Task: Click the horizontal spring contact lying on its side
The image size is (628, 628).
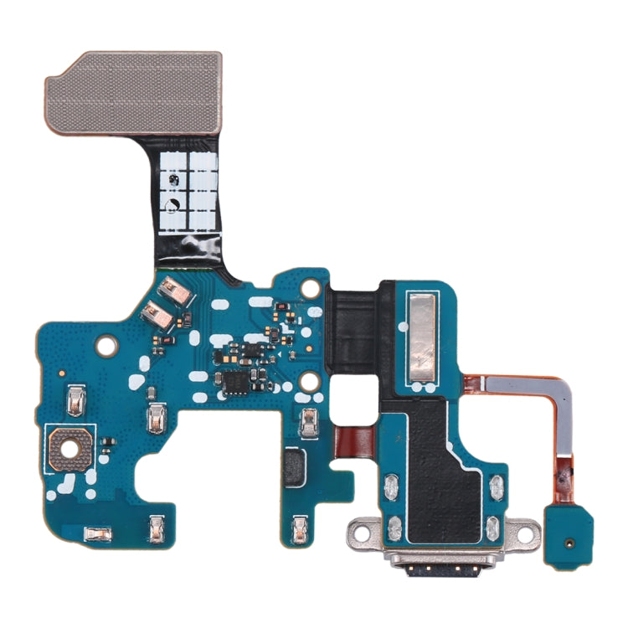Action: [100, 533]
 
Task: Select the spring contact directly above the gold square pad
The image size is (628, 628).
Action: [74, 402]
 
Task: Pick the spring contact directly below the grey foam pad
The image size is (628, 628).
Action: [299, 526]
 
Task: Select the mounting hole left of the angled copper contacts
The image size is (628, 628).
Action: [106, 343]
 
